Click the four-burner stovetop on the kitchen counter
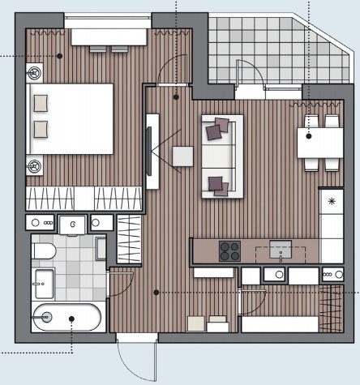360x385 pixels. [x=229, y=250]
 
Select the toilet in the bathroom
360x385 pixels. [x=45, y=251]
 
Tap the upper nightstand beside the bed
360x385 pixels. [x=36, y=73]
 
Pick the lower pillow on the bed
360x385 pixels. [x=41, y=128]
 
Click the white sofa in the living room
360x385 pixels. [x=222, y=156]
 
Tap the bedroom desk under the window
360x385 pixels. [x=109, y=36]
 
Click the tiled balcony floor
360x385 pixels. [x=259, y=49]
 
